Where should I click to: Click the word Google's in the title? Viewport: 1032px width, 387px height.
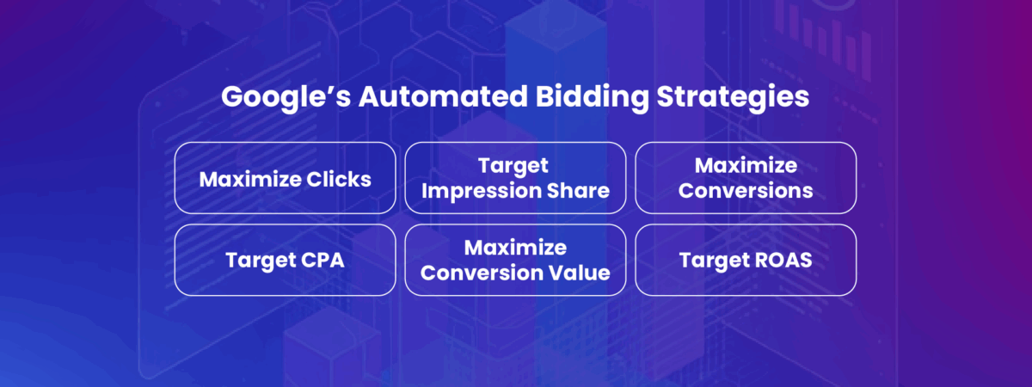286,97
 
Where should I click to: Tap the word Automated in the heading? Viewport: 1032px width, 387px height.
443,96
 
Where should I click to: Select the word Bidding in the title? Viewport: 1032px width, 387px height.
592,97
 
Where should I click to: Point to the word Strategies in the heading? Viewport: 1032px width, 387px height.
733,97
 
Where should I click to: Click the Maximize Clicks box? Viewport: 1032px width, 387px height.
286,178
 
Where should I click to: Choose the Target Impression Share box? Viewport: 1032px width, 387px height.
515,178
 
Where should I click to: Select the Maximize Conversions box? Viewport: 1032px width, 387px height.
746,178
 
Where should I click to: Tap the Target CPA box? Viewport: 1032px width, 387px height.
286,260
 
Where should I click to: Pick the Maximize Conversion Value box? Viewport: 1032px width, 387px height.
515,260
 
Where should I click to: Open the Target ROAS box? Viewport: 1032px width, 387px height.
746,260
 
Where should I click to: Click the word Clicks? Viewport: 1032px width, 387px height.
339,179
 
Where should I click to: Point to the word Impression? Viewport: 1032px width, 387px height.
481,191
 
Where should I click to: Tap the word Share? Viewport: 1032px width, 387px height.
578,190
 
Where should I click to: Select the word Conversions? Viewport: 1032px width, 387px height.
746,190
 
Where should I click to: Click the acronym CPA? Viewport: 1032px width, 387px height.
322,261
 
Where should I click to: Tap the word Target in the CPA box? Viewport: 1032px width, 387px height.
260,261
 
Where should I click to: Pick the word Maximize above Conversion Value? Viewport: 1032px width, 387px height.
515,248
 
